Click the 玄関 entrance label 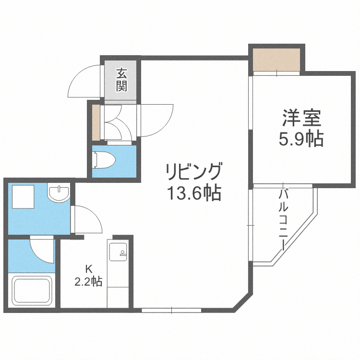[121, 80]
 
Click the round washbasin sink [59, 193]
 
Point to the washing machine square [23, 197]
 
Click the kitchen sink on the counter [118, 251]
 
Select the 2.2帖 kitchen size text [88, 282]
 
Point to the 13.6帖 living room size [194, 193]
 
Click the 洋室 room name [301, 118]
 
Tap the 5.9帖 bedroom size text [301, 139]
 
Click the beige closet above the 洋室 [276, 59]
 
